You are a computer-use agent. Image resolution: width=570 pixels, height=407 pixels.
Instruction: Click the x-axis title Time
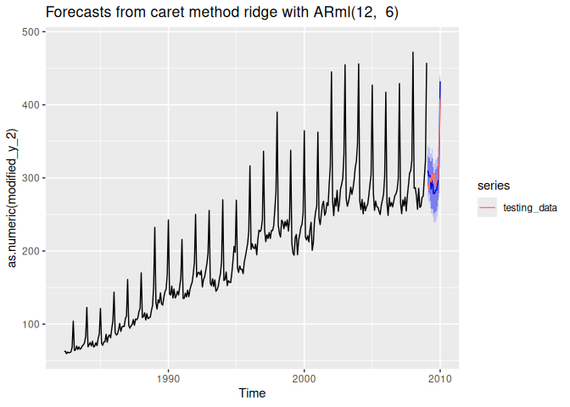point(251,393)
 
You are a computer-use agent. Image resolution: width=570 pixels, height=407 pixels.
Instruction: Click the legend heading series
point(493,184)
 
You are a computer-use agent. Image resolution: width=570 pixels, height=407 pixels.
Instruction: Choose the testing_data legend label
point(528,206)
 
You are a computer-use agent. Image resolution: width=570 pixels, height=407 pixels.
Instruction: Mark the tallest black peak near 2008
point(413,53)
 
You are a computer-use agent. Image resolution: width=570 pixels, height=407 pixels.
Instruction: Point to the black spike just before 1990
point(154,227)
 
